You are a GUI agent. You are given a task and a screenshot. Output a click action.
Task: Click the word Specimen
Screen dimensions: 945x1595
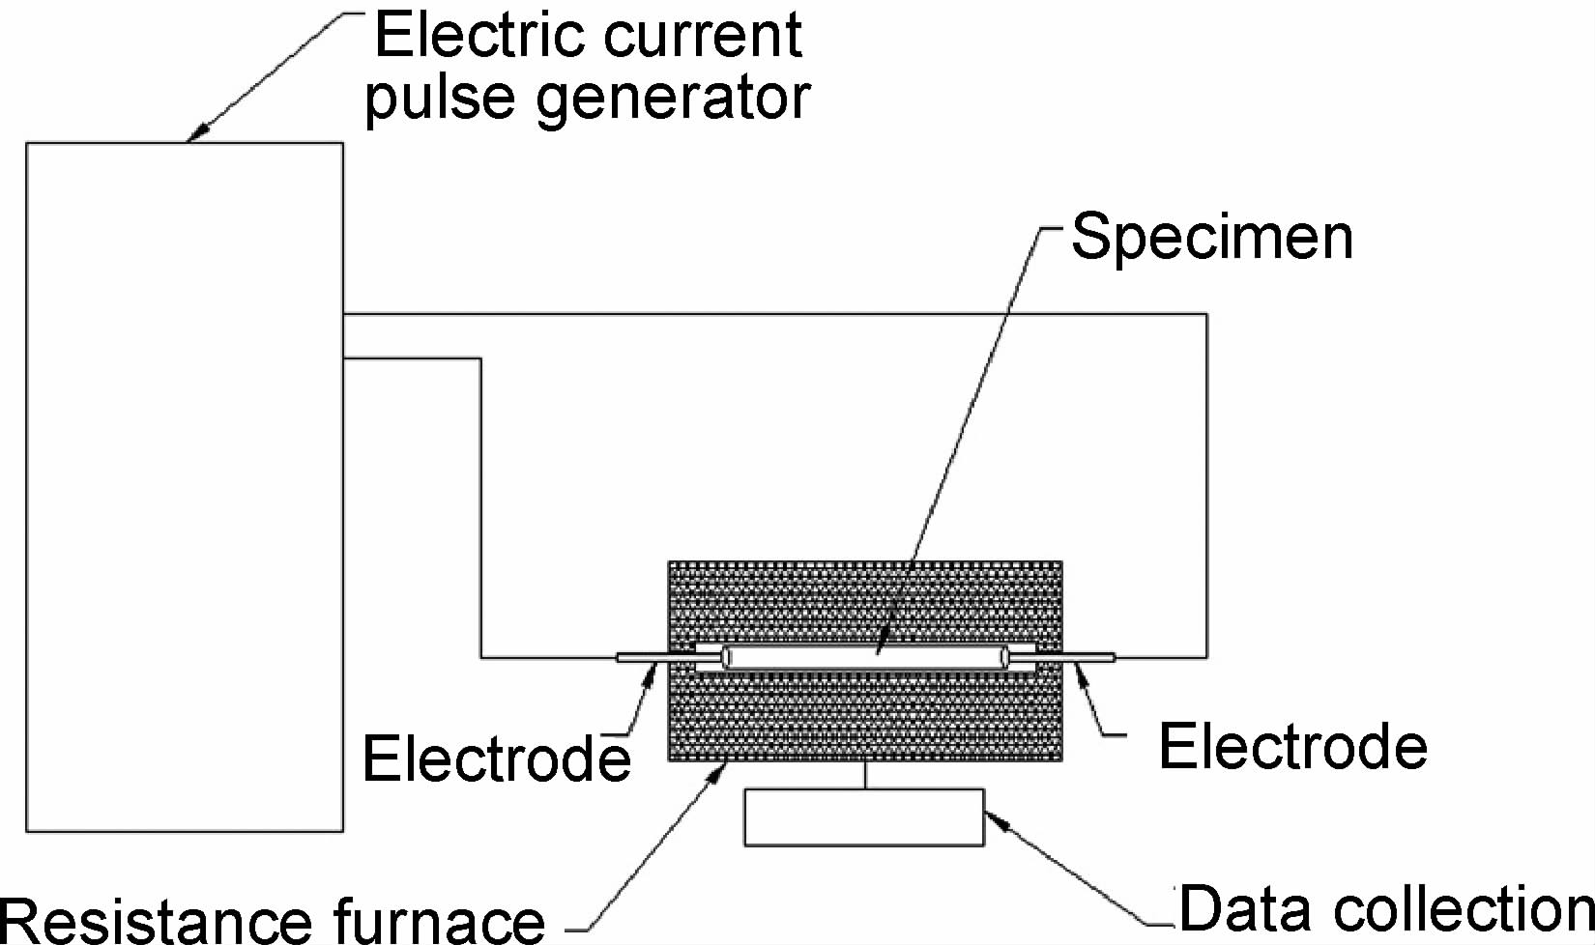tap(1212, 238)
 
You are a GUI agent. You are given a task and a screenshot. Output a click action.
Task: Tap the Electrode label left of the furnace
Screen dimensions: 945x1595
tap(496, 759)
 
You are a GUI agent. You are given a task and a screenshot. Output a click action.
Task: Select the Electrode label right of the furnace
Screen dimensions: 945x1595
tap(1292, 747)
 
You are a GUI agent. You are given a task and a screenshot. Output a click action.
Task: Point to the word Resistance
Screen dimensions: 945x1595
tap(155, 920)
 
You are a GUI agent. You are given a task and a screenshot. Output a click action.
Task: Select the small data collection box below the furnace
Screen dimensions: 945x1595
tap(863, 817)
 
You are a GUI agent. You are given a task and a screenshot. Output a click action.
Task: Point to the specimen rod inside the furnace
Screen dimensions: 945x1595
tap(865, 658)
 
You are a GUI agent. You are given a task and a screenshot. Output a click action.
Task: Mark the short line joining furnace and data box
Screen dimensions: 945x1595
tap(865, 775)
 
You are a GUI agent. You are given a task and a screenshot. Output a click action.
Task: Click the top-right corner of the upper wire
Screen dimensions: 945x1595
tap(1205, 314)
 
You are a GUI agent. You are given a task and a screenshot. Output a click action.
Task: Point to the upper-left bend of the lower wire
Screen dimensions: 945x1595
tap(480, 359)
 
